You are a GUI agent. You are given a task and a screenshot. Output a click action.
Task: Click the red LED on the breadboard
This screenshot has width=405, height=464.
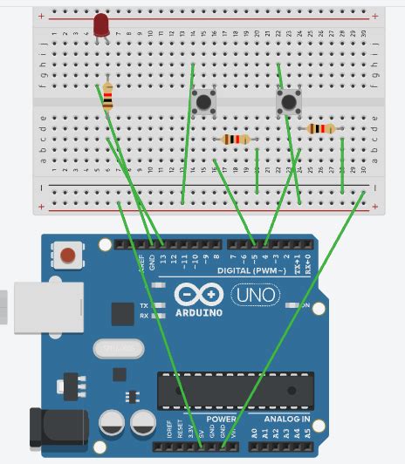pos(101,24)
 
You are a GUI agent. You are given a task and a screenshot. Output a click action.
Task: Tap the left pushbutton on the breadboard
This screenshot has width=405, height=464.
pos(203,102)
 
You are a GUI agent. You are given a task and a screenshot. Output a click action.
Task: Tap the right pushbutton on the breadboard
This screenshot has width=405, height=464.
pos(289,102)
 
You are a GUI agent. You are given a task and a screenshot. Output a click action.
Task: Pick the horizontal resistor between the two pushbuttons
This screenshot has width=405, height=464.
pos(236,139)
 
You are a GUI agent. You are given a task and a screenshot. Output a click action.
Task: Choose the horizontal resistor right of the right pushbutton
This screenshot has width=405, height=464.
pos(320,129)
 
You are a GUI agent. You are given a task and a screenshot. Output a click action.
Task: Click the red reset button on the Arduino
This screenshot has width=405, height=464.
pos(67,256)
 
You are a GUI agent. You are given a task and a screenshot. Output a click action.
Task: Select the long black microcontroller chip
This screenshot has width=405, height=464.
pos(235,389)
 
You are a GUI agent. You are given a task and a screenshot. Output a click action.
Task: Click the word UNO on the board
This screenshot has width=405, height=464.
pos(255,295)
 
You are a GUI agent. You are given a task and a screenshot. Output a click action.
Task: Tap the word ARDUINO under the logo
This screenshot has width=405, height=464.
pos(199,311)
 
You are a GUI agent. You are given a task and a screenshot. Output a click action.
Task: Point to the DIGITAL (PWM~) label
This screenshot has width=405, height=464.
pos(252,270)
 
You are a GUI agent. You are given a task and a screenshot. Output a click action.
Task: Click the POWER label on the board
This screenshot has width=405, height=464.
pos(222,419)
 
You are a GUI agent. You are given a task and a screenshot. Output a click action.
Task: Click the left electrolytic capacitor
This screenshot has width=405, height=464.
pos(114,424)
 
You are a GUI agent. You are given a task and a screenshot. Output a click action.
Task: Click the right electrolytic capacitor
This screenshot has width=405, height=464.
pos(144,424)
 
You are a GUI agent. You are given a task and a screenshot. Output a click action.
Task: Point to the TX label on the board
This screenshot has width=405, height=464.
pos(143,305)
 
